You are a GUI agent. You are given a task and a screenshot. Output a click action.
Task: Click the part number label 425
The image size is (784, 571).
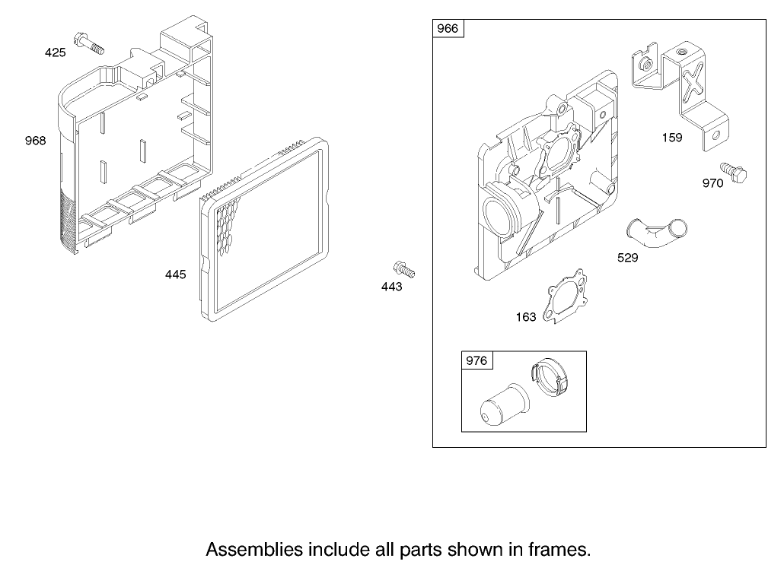point(55,52)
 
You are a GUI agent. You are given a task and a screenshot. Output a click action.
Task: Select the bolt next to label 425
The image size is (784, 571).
point(89,43)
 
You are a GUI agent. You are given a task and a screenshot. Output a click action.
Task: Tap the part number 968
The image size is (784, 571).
point(36,141)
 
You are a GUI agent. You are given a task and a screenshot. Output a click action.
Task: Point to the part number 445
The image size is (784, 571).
point(176,274)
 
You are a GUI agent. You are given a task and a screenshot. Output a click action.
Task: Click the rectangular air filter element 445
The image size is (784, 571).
point(264,230)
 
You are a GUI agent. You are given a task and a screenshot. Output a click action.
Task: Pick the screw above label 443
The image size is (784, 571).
point(404,269)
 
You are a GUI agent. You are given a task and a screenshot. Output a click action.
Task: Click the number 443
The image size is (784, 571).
point(391,287)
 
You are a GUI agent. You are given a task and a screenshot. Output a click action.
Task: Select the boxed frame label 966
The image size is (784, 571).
point(448,28)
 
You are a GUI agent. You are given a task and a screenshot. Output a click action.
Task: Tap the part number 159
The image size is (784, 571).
point(672,138)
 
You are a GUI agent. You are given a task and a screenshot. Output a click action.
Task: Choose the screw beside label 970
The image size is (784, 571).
point(733,173)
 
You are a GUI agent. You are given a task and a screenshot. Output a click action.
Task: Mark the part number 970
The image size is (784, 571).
point(713,183)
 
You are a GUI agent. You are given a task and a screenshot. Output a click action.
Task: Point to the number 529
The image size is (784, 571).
point(628,258)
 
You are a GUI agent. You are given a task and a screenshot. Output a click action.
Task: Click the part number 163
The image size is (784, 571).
point(526,317)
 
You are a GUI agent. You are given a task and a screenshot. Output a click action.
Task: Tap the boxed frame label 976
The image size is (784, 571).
point(476,360)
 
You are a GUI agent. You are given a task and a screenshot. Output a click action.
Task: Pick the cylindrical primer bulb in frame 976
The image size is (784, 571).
point(504,404)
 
